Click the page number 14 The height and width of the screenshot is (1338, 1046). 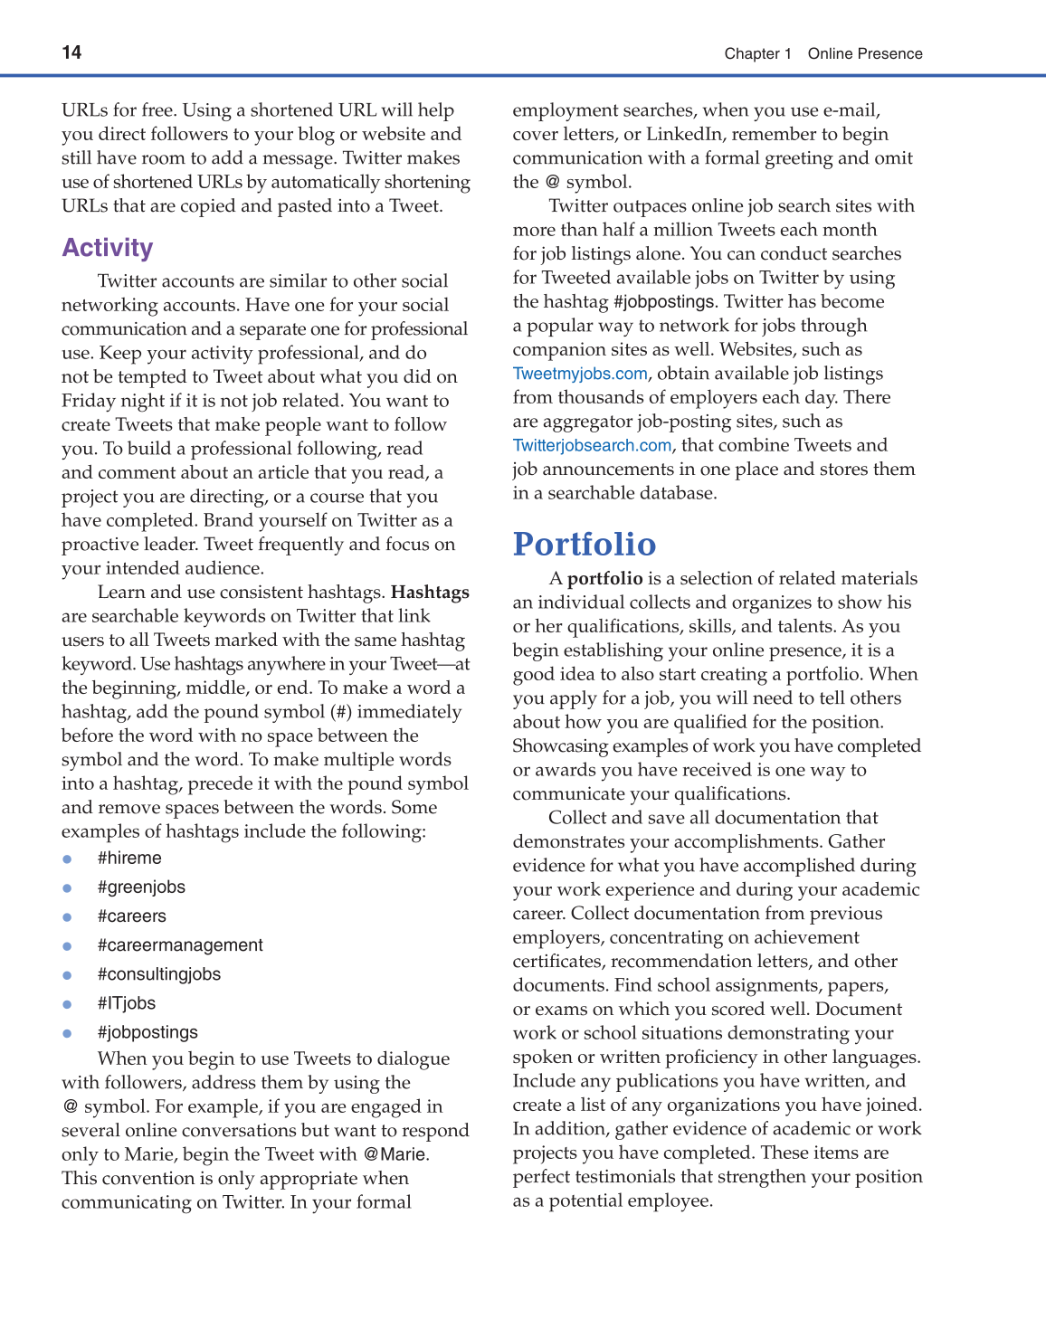71,52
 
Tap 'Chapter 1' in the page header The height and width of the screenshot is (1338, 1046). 757,53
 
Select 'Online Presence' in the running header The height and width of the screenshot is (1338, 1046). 865,53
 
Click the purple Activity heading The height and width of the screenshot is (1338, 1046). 108,248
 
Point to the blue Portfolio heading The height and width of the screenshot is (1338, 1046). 585,544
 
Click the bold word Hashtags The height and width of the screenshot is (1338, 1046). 430,593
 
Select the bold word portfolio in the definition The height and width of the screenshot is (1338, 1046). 604,579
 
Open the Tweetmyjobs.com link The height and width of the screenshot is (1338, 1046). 580,374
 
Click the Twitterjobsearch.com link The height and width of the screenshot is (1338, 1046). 592,445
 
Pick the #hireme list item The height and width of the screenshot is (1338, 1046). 129,859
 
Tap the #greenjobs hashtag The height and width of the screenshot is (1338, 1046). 141,887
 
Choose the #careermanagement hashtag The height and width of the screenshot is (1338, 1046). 180,945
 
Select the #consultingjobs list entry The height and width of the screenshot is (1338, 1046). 159,974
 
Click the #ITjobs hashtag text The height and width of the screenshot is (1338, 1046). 127,1003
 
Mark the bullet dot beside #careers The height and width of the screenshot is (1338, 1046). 67,917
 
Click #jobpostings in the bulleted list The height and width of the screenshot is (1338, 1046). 147,1032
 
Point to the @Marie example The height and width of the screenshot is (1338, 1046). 395,1154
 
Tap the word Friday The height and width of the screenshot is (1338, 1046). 88,401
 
